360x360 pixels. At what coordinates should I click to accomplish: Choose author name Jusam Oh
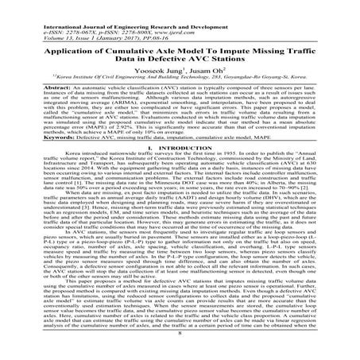click(208, 61)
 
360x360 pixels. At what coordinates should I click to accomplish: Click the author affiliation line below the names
click(180, 70)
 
